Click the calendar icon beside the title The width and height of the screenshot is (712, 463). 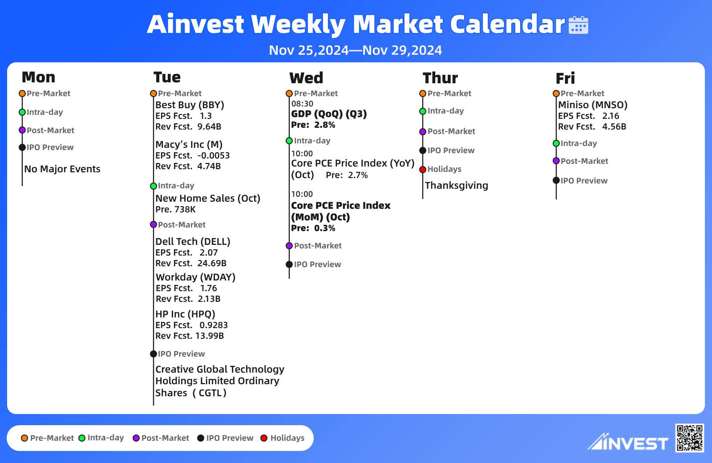coord(578,25)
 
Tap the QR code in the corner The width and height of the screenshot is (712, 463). coord(690,438)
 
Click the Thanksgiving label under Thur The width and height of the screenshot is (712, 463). coord(457,186)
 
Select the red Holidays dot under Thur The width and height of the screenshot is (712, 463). coord(423,170)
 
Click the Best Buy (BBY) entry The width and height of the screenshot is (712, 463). coord(190,105)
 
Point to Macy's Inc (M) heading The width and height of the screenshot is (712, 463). coord(189,145)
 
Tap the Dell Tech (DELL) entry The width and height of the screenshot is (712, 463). coord(193,242)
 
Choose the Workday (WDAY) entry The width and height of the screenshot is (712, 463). coord(195,277)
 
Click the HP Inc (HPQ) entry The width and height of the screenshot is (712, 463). coord(185,314)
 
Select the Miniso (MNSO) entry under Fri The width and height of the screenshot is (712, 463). coord(593,105)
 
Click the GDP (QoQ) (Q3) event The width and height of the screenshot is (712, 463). coord(329,114)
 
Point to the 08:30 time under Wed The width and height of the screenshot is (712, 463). coord(302,104)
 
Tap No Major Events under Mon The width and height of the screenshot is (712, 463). coord(62,169)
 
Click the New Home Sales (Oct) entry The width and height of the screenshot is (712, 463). coord(208,199)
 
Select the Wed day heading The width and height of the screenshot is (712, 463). coord(306,78)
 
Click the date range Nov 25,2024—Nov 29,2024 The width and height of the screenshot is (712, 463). coord(356,50)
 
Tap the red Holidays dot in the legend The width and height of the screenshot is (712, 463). coord(264,438)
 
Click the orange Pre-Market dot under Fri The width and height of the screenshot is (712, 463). coord(556,93)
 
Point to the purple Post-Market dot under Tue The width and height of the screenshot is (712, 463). coord(154,224)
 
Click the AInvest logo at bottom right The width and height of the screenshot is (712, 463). coord(628,442)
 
